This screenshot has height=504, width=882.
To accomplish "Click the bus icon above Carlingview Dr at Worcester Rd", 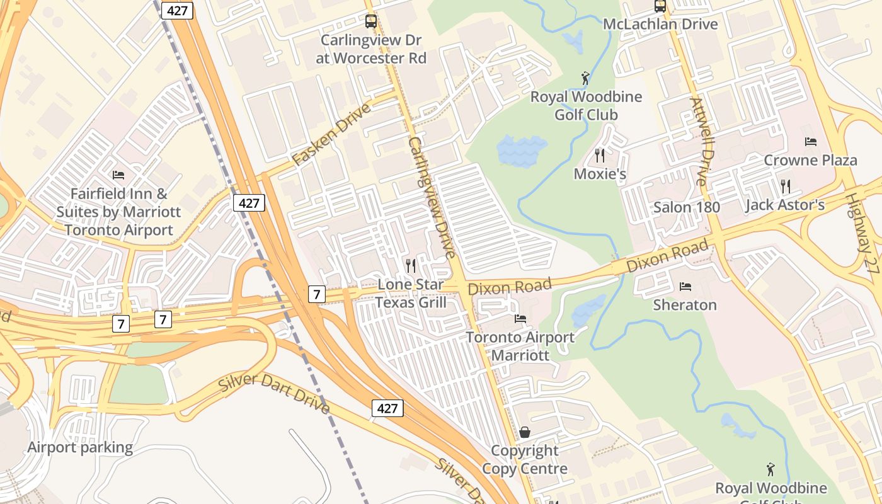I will [x=371, y=21].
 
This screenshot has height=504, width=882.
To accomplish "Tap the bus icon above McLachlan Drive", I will [x=660, y=6].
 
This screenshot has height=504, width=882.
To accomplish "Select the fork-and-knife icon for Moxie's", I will [x=599, y=155].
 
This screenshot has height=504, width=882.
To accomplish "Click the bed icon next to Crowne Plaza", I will [x=811, y=142].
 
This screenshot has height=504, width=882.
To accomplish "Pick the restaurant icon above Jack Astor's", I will [x=785, y=186].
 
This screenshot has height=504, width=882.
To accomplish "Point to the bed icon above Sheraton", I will [x=685, y=287].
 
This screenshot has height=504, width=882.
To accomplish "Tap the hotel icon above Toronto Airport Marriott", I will [x=520, y=319].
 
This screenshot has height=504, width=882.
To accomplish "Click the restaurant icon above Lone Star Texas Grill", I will [x=411, y=266].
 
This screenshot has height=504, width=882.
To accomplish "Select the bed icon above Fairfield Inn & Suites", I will [x=118, y=175].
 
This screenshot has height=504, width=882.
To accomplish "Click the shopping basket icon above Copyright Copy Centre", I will [x=525, y=432].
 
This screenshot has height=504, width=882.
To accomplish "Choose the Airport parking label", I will [x=80, y=448].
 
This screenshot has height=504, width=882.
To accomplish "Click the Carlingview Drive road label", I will [x=432, y=198].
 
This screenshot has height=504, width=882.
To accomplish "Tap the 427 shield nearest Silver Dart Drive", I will [x=387, y=408].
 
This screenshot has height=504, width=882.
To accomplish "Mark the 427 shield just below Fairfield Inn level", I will [x=249, y=203].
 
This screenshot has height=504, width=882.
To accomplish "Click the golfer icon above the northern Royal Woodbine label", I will [x=586, y=79].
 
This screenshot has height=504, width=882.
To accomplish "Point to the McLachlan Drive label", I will [x=660, y=25].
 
